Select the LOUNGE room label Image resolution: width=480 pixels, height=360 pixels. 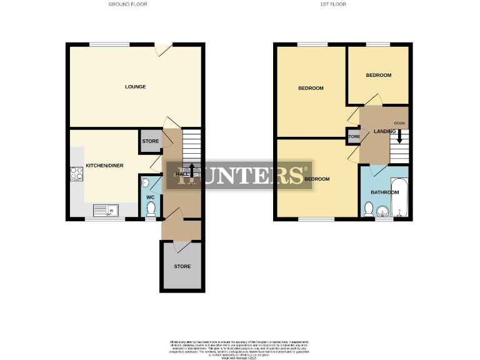(135, 87)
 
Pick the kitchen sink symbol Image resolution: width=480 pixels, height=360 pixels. (102, 210)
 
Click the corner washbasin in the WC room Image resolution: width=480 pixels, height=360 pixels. (146, 183)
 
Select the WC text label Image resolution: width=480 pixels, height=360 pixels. (150, 197)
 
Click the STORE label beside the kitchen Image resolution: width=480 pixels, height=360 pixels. (150, 141)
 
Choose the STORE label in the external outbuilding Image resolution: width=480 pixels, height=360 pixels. (182, 267)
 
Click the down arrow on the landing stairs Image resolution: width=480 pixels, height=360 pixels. (399, 137)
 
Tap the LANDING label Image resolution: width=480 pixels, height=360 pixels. (384, 131)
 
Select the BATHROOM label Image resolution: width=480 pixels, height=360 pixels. (384, 192)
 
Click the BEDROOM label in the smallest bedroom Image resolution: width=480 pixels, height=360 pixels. (378, 75)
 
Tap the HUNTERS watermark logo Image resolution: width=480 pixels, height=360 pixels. (244, 174)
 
